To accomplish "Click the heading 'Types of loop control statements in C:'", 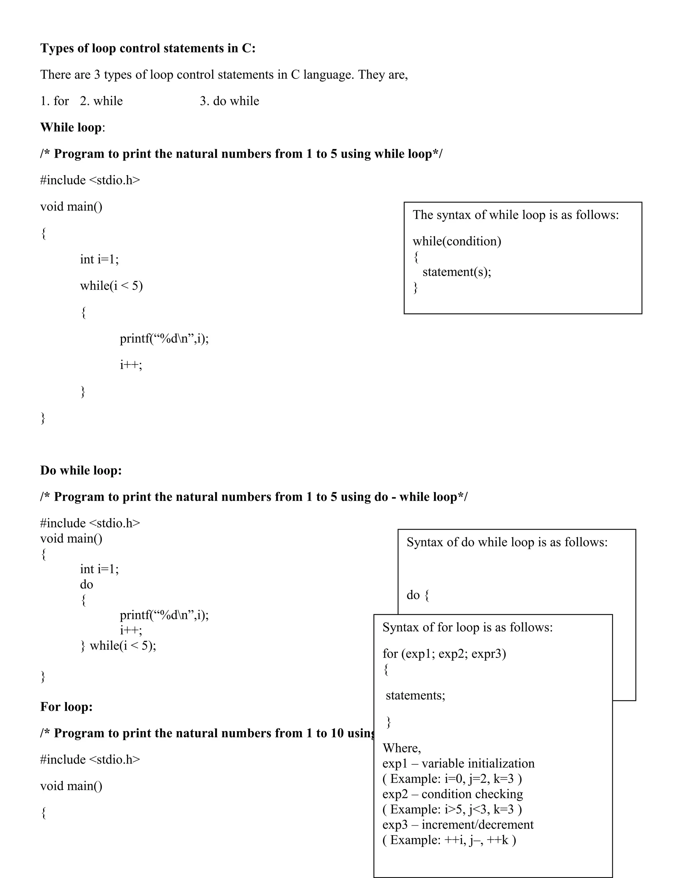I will click(148, 48).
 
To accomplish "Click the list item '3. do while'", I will click(229, 101).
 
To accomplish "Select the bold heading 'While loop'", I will click(71, 128).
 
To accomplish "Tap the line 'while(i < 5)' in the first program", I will click(111, 286).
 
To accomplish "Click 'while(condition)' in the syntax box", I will click(457, 241).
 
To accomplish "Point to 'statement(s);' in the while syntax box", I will click(457, 272).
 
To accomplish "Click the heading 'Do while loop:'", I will click(81, 470).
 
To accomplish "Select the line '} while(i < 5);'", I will click(118, 646).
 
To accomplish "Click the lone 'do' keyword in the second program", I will click(87, 584).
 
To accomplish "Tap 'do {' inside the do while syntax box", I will click(417, 595).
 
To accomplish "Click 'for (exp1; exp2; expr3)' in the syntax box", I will click(444, 654).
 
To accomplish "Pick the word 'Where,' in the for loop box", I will click(401, 748).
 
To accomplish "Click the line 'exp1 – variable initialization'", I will click(458, 763).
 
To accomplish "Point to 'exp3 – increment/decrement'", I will click(458, 825).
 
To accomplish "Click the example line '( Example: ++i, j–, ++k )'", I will click(449, 840).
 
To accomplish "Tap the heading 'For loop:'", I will click(66, 707).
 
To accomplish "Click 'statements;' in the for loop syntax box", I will click(415, 695).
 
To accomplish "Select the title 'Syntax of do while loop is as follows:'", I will click(507, 542).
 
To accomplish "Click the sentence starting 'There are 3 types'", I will click(224, 75).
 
